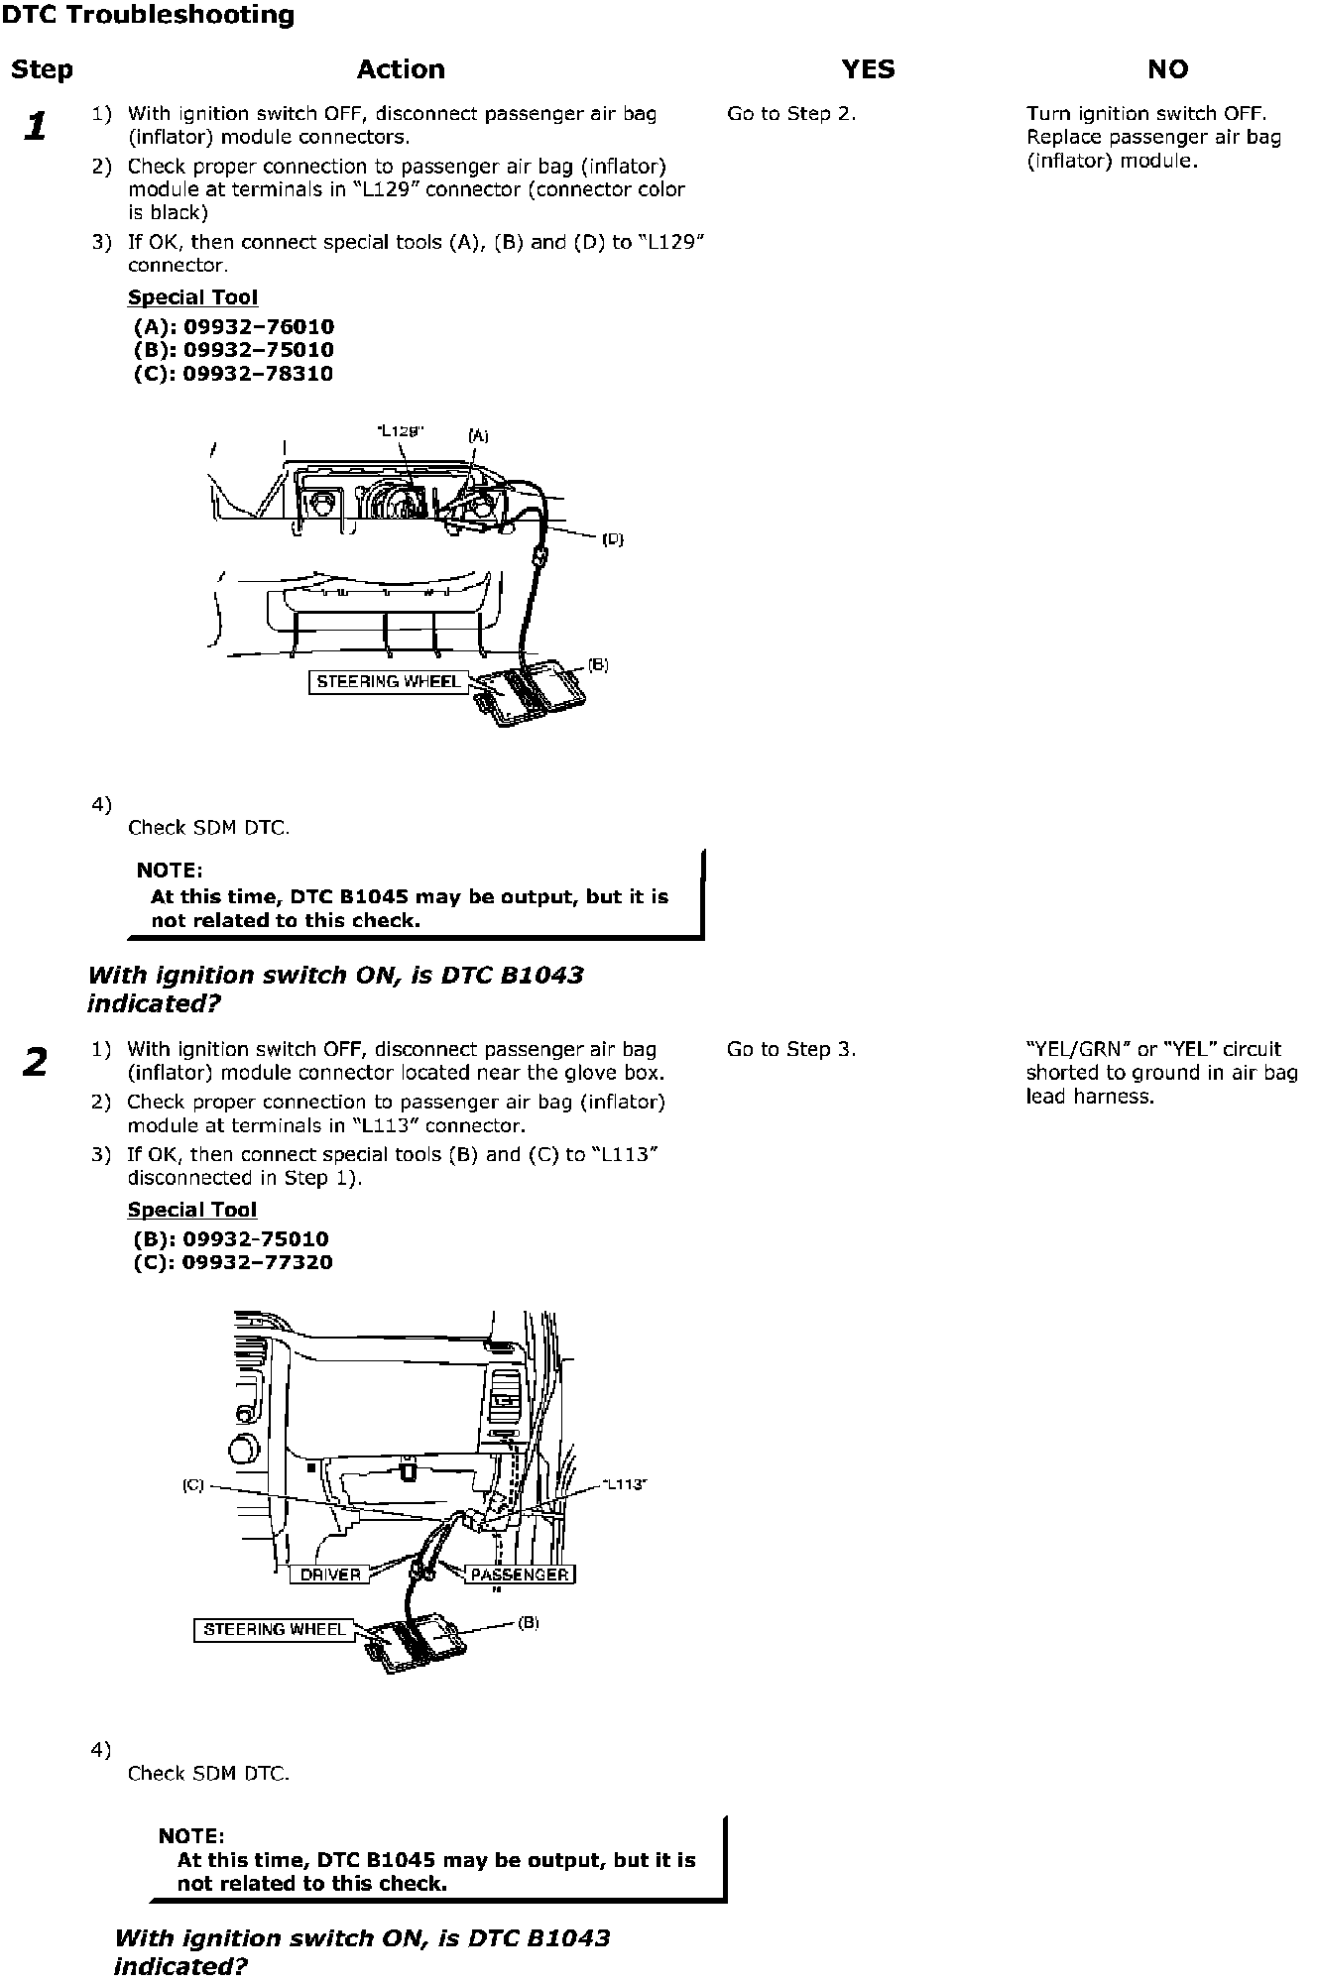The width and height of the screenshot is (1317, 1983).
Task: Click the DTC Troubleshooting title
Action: point(148,16)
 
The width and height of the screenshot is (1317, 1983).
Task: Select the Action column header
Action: point(401,69)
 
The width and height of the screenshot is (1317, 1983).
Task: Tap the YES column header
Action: point(868,69)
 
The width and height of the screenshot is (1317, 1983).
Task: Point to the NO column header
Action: point(1167,69)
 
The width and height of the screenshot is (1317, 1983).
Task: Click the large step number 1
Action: point(36,127)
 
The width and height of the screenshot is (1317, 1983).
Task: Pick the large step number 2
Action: point(35,1063)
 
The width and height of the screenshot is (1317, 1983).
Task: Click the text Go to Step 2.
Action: point(790,114)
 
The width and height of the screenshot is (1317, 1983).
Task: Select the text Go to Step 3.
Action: point(790,1049)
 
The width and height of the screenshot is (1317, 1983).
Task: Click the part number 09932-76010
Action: point(258,327)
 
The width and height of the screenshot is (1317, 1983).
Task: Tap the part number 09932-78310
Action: point(258,374)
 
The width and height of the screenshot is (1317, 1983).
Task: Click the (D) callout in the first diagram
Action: point(613,539)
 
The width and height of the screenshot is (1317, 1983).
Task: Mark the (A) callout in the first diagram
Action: point(478,435)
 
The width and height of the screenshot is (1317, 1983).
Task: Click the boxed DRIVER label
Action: point(330,1575)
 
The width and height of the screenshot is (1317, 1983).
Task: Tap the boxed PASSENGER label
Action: point(519,1575)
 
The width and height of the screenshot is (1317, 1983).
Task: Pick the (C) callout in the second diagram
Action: point(192,1485)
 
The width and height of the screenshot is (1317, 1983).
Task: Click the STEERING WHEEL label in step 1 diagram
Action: point(388,682)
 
